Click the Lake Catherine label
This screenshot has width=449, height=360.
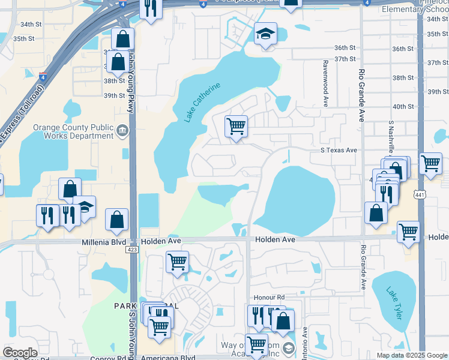point(202,102)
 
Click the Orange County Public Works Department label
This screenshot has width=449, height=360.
point(73,131)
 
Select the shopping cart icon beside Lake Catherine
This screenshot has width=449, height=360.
point(236,127)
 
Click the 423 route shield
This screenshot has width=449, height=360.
point(133,250)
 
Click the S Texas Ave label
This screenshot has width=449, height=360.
point(339,151)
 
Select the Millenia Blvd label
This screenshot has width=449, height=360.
point(104,242)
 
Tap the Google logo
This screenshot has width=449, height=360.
point(20,353)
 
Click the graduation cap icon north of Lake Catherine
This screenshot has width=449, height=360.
point(265,34)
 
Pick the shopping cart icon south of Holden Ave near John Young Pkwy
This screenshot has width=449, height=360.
point(177,262)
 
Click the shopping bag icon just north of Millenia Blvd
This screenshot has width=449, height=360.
point(116,220)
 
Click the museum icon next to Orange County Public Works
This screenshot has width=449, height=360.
point(122,130)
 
